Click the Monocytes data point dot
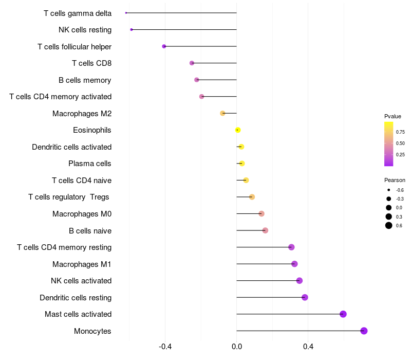(364, 331)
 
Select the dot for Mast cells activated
(343, 314)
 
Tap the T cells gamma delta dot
(126, 13)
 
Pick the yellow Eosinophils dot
(237, 130)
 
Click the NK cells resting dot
(132, 29)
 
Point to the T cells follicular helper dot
(164, 46)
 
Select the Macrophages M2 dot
(222, 113)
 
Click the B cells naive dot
(265, 230)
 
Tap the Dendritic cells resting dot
(305, 297)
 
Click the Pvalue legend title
(393, 116)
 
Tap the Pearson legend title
(395, 180)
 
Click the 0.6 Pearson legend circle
(389, 225)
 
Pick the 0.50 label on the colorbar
(400, 143)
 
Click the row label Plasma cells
(89, 164)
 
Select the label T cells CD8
(91, 63)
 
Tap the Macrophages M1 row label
(82, 264)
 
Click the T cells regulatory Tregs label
(69, 197)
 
